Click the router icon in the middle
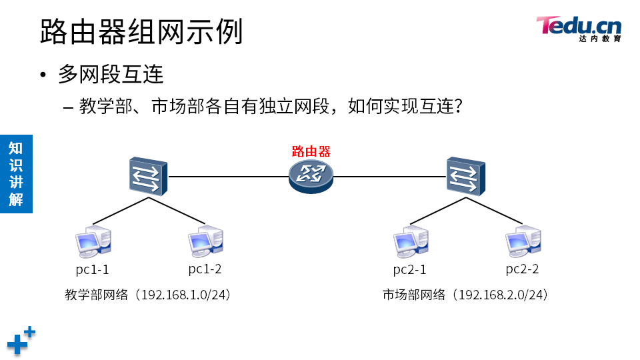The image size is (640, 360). pyautogui.click(x=311, y=176)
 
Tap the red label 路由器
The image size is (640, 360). pyautogui.click(x=311, y=151)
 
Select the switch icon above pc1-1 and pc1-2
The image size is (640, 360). pyautogui.click(x=148, y=176)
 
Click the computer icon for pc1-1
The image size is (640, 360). pyautogui.click(x=93, y=242)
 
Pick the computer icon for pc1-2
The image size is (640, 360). pyautogui.click(x=205, y=242)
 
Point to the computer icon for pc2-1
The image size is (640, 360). pyautogui.click(x=410, y=242)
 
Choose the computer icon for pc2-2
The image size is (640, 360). pyautogui.click(x=522, y=242)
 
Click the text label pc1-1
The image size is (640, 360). pyautogui.click(x=92, y=270)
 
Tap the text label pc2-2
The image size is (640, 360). pyautogui.click(x=522, y=269)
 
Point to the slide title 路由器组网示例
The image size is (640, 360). pyautogui.click(x=141, y=31)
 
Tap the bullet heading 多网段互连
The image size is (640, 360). pyautogui.click(x=111, y=75)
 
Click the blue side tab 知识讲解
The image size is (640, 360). pyautogui.click(x=16, y=173)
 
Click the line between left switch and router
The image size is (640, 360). pyautogui.click(x=227, y=177)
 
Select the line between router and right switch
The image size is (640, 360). pyautogui.click(x=390, y=177)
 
